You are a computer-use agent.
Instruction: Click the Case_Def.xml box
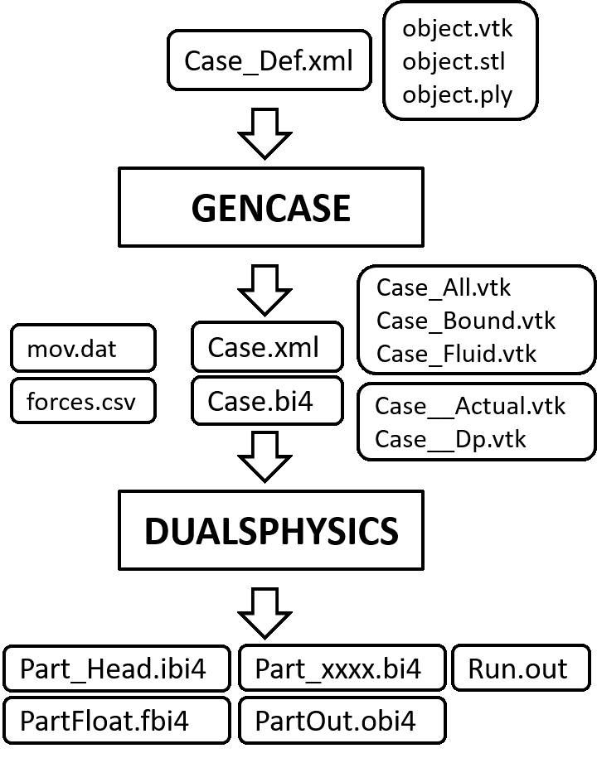(269, 60)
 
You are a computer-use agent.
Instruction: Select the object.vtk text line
(458, 28)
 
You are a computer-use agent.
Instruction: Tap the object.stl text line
(454, 61)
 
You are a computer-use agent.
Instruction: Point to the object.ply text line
(457, 94)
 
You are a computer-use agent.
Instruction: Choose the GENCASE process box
(270, 208)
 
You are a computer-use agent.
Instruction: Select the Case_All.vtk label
(444, 287)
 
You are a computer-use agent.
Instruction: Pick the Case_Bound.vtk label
(465, 321)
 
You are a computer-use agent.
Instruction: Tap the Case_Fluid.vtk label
(456, 354)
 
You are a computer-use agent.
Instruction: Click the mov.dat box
(83, 348)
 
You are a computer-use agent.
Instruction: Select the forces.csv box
(83, 402)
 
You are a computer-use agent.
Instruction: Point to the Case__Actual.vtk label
(470, 406)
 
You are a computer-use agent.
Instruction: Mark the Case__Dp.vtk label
(450, 438)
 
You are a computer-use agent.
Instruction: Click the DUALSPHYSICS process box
(270, 530)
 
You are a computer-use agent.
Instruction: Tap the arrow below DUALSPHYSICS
(265, 613)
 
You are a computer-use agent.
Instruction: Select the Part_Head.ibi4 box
(116, 669)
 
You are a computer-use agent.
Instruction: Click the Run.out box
(518, 669)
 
